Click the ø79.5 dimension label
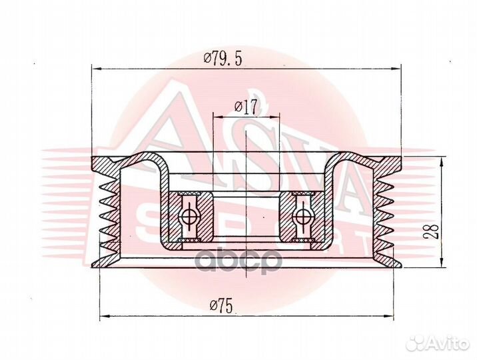point(223,59)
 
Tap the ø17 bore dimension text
point(246,107)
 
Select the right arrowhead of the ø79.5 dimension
point(396,69)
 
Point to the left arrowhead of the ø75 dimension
point(105,316)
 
